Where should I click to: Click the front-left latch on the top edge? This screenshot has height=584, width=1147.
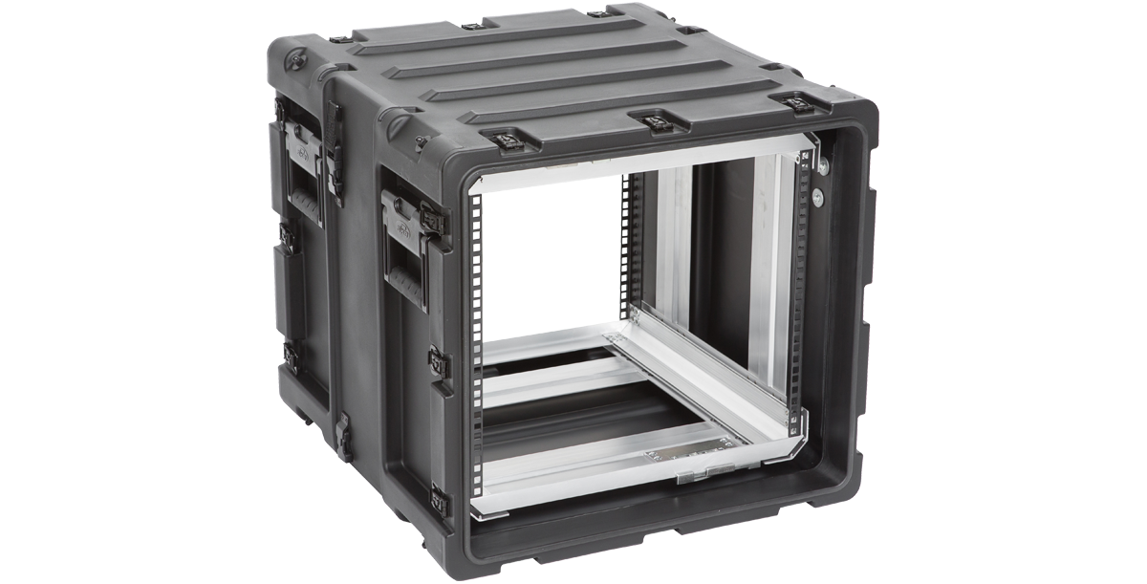pos(500,141)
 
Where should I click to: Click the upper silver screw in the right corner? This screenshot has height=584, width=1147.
pos(820,168)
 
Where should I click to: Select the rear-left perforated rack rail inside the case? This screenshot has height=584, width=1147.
pos(628,239)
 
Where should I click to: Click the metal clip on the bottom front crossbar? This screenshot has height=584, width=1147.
pos(703,471)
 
